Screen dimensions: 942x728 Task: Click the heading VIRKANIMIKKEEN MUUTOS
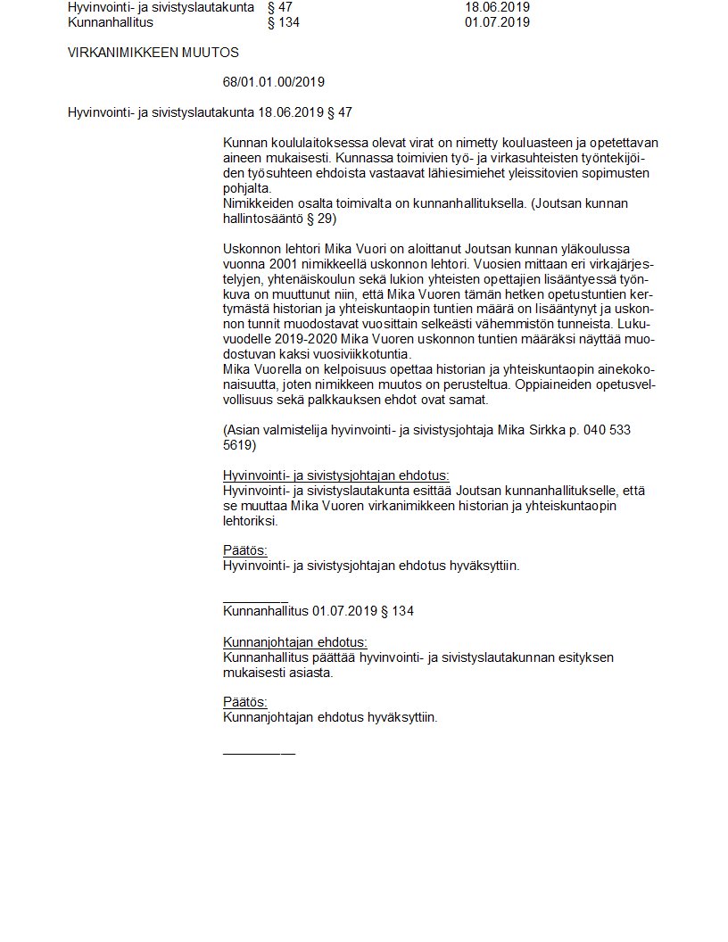pyautogui.click(x=153, y=53)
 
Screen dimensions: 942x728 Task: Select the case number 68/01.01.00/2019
pyautogui.click(x=273, y=82)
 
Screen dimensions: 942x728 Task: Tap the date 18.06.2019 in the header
pyautogui.click(x=497, y=7)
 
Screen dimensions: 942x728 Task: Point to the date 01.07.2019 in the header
pyautogui.click(x=497, y=21)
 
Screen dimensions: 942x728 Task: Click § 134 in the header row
pyautogui.click(x=284, y=21)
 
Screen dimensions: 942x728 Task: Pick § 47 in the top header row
pyautogui.click(x=280, y=7)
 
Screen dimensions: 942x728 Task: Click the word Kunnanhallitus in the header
pyautogui.click(x=104, y=21)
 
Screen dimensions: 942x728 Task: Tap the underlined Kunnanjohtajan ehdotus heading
pyautogui.click(x=294, y=642)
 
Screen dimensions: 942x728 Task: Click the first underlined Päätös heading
pyautogui.click(x=244, y=550)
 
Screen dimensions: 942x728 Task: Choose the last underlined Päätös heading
pyautogui.click(x=244, y=702)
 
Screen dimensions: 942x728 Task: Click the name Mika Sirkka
pyautogui.click(x=533, y=430)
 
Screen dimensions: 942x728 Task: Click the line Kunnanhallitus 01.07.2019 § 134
pyautogui.click(x=318, y=611)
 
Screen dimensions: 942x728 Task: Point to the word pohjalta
pyautogui.click(x=247, y=188)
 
